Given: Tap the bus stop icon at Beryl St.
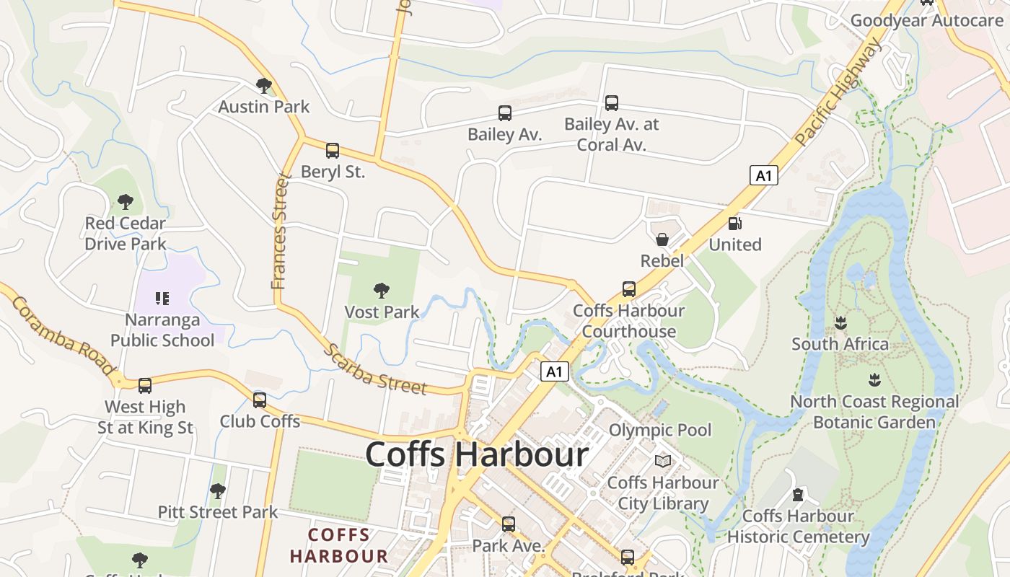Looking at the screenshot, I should coord(332,151).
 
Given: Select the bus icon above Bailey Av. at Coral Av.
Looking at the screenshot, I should coord(611,103).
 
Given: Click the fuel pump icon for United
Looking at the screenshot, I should coord(734,224).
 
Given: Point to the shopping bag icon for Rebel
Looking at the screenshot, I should coord(662,239).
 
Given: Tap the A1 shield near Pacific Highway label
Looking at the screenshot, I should coord(763,175).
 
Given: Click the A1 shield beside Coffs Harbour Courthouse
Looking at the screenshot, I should coord(554,371).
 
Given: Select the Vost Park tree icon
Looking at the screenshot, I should coord(382,291).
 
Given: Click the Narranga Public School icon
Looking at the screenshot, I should coord(162,298).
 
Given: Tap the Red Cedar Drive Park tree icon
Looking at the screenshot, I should coord(126,202).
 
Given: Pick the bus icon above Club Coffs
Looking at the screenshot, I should coord(260,400).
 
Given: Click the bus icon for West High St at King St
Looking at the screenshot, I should coord(145,386).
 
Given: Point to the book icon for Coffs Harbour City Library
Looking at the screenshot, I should coord(662,461).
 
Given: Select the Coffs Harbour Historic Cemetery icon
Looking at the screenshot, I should coord(797,495).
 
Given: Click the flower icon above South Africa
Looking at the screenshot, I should coord(840,322).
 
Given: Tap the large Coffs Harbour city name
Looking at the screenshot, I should coord(477,455).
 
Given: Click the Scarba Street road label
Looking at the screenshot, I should coord(375,370).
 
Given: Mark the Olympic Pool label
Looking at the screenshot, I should coord(660,431).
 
